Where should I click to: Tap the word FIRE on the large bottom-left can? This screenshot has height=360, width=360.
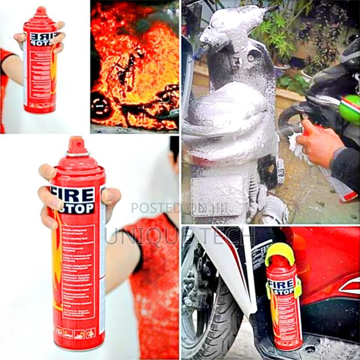[74, 193]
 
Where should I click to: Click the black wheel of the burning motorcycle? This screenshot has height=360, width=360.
[100, 105]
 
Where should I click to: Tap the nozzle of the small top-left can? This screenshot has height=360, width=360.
[40, 11]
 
